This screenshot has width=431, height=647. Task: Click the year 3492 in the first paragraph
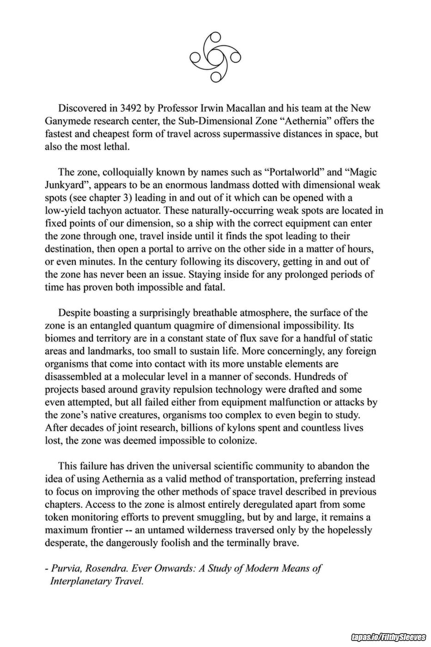pyautogui.click(x=131, y=109)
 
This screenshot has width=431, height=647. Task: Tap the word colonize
pyautogui.click(x=235, y=440)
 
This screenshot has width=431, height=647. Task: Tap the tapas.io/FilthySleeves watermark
pyautogui.click(x=389, y=638)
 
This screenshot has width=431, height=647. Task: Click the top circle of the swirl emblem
pyautogui.click(x=213, y=37)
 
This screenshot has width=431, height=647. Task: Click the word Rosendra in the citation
pyautogui.click(x=106, y=568)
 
